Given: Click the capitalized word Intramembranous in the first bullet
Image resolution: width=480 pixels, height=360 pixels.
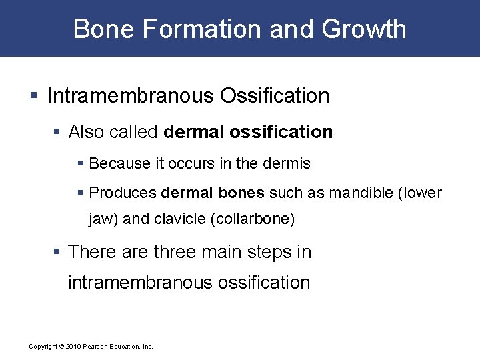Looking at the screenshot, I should click(127, 96).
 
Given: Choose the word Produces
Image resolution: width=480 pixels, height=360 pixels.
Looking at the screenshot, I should click(123, 193).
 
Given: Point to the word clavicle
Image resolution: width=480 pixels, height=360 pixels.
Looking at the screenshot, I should click(178, 219).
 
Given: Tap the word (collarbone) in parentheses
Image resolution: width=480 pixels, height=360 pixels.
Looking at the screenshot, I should click(251, 219).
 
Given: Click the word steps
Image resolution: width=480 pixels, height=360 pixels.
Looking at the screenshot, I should click(273, 252).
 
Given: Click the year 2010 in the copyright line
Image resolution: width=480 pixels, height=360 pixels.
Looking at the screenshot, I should click(74, 347).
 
